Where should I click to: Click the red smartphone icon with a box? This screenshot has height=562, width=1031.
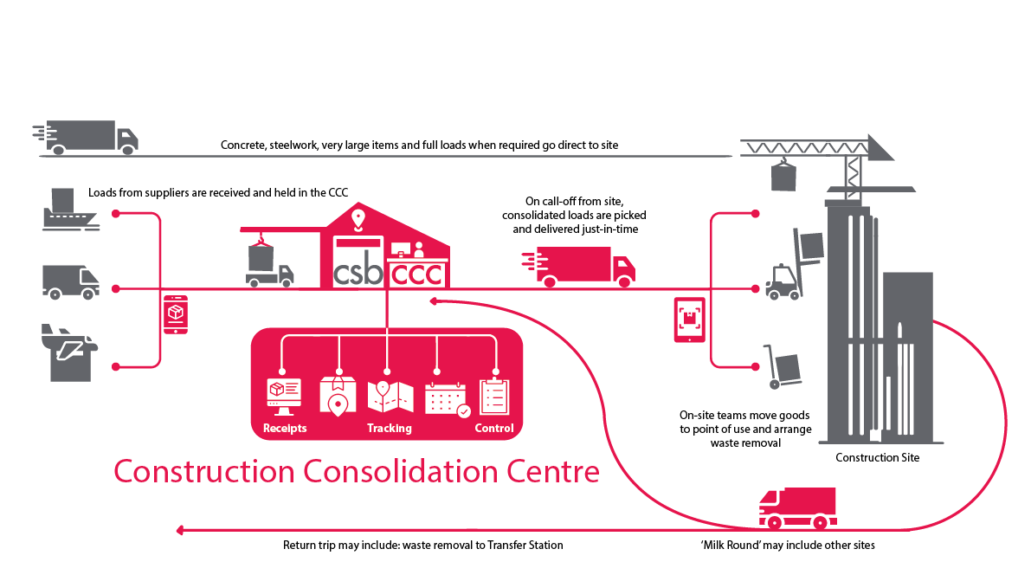coord(176,314)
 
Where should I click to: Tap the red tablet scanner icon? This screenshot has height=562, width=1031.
coord(689,320)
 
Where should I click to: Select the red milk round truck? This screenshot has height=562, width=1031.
coord(797,507)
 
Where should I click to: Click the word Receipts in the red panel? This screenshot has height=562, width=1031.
coord(284,429)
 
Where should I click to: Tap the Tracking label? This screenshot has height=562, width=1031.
coord(389,429)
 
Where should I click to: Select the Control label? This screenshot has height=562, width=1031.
coord(494,429)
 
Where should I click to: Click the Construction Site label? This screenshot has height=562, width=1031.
coord(877,457)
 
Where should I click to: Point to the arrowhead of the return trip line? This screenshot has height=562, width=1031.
coord(179,529)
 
